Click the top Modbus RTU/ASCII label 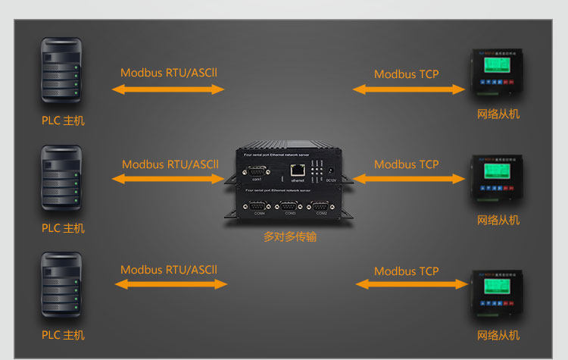pos(169,74)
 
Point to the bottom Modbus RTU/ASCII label pos(169,269)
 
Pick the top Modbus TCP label pos(407,74)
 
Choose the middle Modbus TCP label pos(407,164)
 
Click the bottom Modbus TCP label pos(407,271)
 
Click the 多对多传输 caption pos(290,237)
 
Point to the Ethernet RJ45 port pos(298,171)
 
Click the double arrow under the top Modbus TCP pos(408,89)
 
